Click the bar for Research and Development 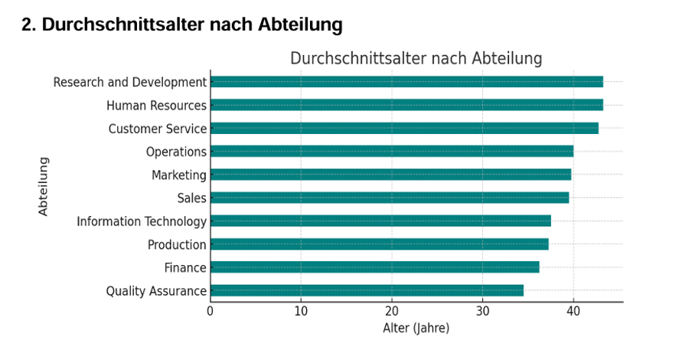(406, 82)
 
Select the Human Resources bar (406, 105)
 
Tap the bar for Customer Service (404, 129)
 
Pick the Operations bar (392, 152)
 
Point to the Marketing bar (390, 175)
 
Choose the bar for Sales (390, 198)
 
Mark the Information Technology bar (380, 221)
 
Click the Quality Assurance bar (367, 290)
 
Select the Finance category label (185, 268)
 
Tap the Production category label (177, 245)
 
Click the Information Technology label (142, 222)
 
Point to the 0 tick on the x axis (211, 311)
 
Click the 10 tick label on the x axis (301, 311)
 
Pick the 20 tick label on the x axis (392, 311)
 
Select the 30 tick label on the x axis (482, 311)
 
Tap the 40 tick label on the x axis (573, 311)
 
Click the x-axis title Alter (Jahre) (416, 329)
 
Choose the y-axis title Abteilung (44, 186)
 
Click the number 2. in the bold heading (28, 25)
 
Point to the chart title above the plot (416, 59)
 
